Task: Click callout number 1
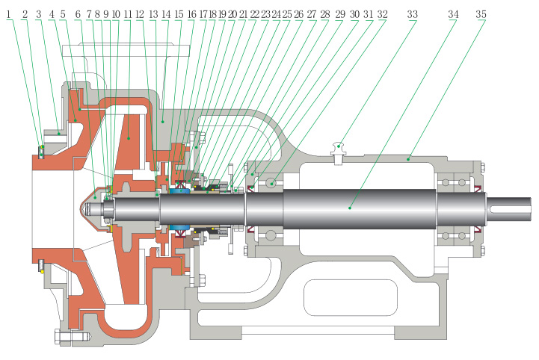tap(9, 14)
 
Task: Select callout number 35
tap(481, 14)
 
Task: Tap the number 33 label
tap(413, 14)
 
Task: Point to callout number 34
tap(453, 14)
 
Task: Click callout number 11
tap(128, 14)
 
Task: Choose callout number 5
tap(63, 14)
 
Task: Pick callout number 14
tap(166, 14)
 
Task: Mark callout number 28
tap(324, 14)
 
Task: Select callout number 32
tap(382, 14)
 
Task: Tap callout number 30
tap(354, 14)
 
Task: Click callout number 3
tap(38, 14)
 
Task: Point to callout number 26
tap(298, 14)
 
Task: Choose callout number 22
tap(254, 14)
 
